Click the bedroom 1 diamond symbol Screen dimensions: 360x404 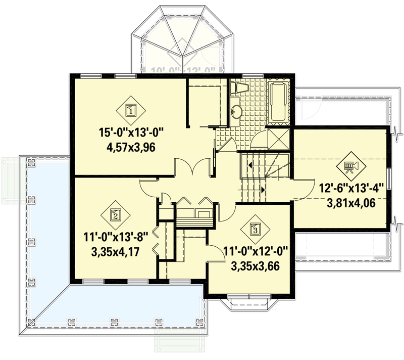click(x=131, y=110)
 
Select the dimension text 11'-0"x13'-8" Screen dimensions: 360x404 click(x=118, y=237)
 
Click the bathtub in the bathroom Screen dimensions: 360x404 click(x=278, y=103)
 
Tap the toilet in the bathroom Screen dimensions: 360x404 click(x=238, y=89)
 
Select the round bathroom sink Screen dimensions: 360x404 click(x=236, y=112)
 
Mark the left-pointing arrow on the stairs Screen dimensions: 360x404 click(x=248, y=165)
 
